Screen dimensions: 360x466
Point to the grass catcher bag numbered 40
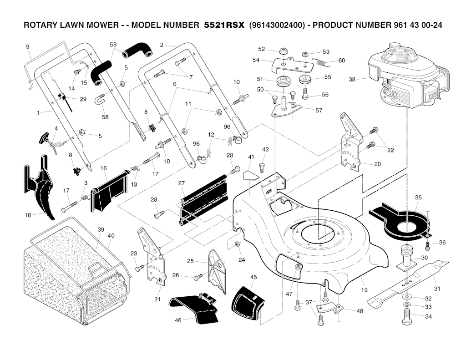(111, 235)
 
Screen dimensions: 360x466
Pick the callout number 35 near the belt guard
(418, 198)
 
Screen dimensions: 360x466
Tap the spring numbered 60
(322, 62)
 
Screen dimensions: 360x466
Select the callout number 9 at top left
(27, 47)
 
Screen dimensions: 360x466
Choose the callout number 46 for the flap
(178, 320)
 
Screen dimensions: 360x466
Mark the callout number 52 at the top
(261, 49)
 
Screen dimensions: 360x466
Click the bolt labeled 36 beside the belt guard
(428, 246)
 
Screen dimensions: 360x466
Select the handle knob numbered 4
(46, 137)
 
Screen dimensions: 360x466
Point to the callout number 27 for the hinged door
(182, 183)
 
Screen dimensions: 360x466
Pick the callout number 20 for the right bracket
(377, 164)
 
